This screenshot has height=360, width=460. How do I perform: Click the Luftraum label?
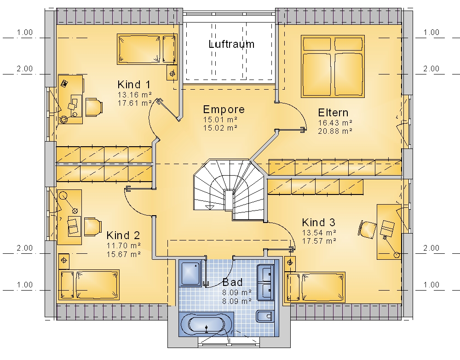tap(231, 44)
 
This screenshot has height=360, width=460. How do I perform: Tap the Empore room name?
tap(224, 109)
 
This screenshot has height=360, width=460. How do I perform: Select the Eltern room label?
tap(333, 113)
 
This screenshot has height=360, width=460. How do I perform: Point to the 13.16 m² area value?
tap(135, 95)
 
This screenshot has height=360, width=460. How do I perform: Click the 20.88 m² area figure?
tap(335, 131)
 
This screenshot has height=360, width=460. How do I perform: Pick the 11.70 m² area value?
tap(123, 246)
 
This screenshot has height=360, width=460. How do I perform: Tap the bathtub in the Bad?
tap(207, 325)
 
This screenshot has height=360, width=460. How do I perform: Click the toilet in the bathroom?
tap(264, 316)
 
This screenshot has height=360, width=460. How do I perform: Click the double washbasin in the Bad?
tap(266, 283)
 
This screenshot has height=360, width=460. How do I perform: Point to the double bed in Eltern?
tap(333, 67)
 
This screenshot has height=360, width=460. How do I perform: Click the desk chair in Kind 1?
tap(94, 107)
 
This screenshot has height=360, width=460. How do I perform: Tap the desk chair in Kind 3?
tap(367, 229)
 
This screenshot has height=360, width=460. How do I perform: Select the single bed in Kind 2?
tap(89, 285)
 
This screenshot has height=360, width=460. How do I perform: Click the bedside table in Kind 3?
tap(290, 263)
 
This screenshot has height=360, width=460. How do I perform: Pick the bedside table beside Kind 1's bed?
tap(172, 73)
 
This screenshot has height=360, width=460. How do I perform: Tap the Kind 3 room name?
tap(319, 223)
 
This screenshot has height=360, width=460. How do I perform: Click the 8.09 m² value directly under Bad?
tap(237, 292)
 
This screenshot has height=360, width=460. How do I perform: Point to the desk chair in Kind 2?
tap(93, 227)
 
